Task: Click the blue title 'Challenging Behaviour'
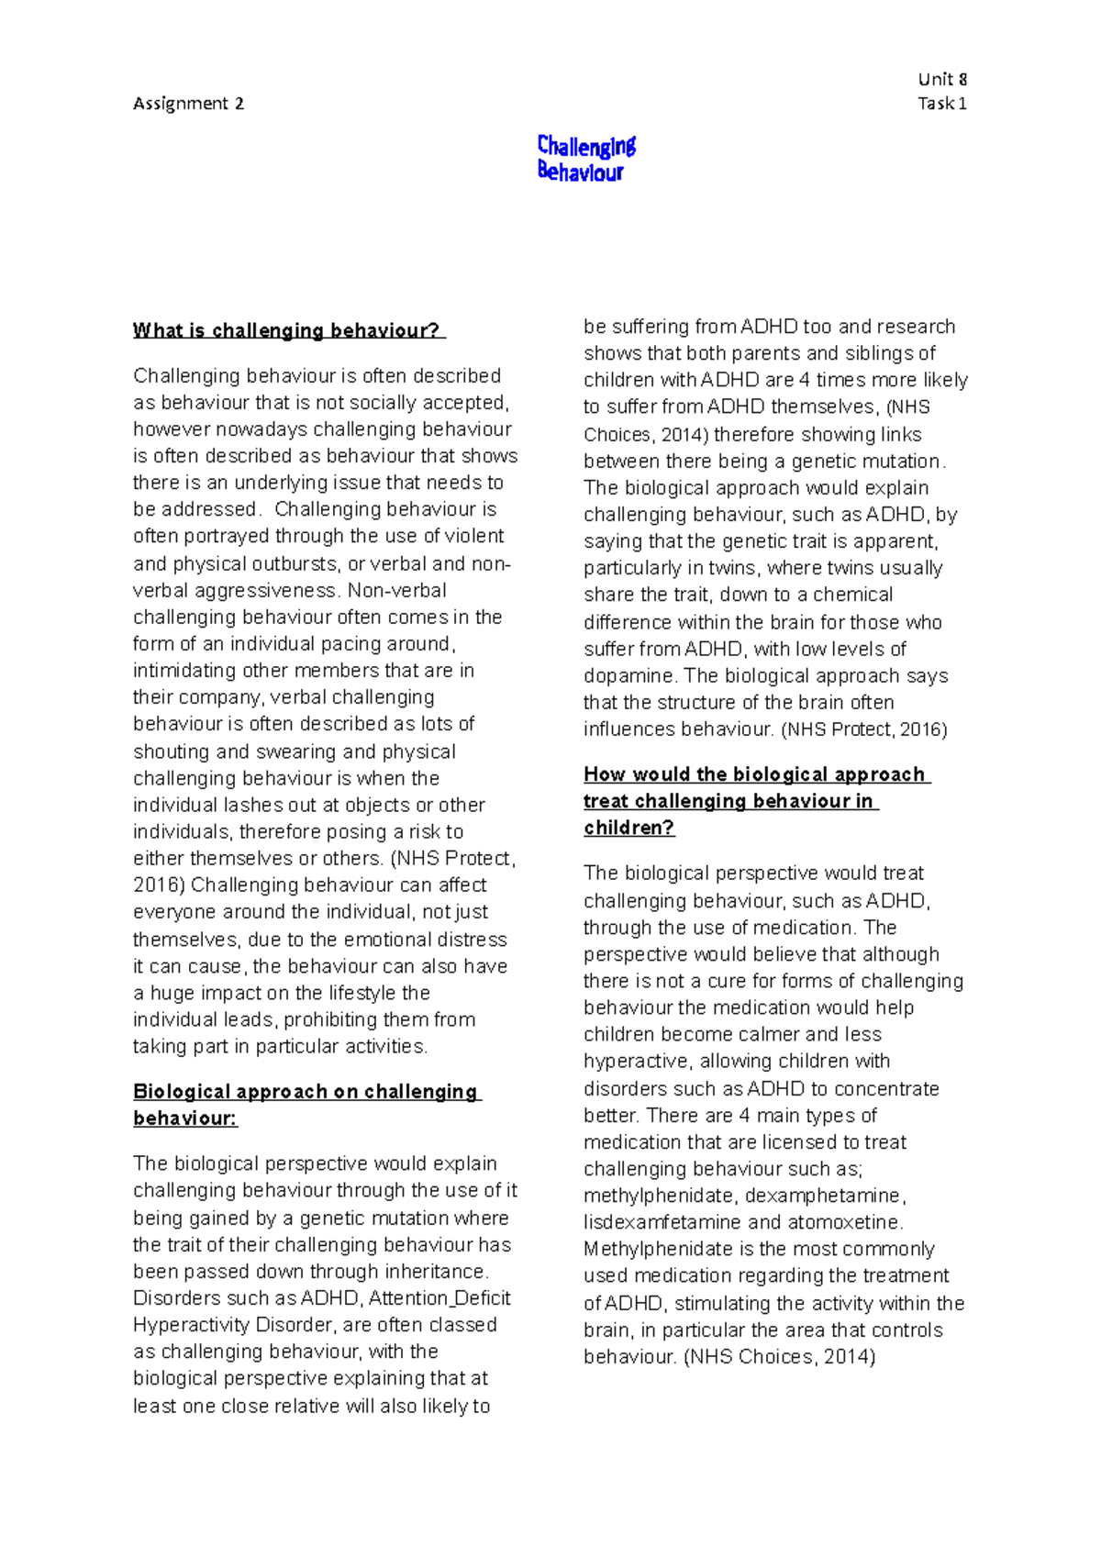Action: pyautogui.click(x=585, y=159)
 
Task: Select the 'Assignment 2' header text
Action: pyautogui.click(x=188, y=104)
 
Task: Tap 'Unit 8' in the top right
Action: pyautogui.click(x=942, y=79)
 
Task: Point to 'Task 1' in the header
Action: pyautogui.click(x=941, y=104)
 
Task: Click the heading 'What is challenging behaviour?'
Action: pyautogui.click(x=287, y=331)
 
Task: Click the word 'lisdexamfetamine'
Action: pyautogui.click(x=662, y=1223)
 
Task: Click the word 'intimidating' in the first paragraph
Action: pyautogui.click(x=184, y=671)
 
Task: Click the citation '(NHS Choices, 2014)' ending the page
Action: pyautogui.click(x=780, y=1357)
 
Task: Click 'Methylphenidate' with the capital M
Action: pyautogui.click(x=657, y=1250)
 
